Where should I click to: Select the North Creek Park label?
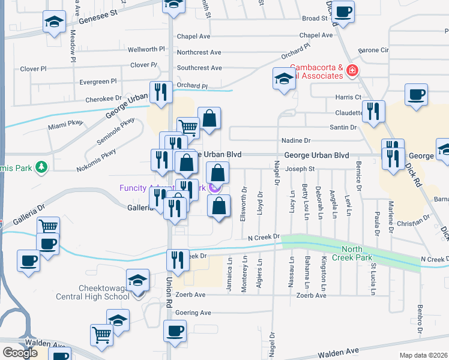click(361, 250)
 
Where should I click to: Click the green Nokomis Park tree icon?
click(41, 166)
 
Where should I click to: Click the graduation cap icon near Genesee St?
click(54, 23)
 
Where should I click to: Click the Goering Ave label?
click(193, 313)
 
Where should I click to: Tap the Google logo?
click(20, 353)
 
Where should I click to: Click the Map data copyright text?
click(424, 355)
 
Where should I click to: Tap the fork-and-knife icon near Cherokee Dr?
click(160, 92)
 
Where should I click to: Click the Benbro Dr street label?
click(420, 322)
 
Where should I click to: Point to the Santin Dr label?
click(343, 127)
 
